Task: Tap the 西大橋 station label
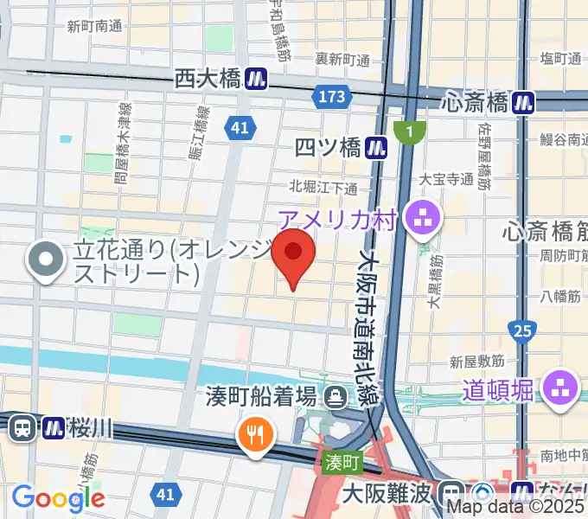(207, 80)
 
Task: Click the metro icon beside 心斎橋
(522, 102)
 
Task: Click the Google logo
(58, 497)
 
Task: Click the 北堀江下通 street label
(323, 187)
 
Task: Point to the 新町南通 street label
(94, 27)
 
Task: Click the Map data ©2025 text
(516, 508)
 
